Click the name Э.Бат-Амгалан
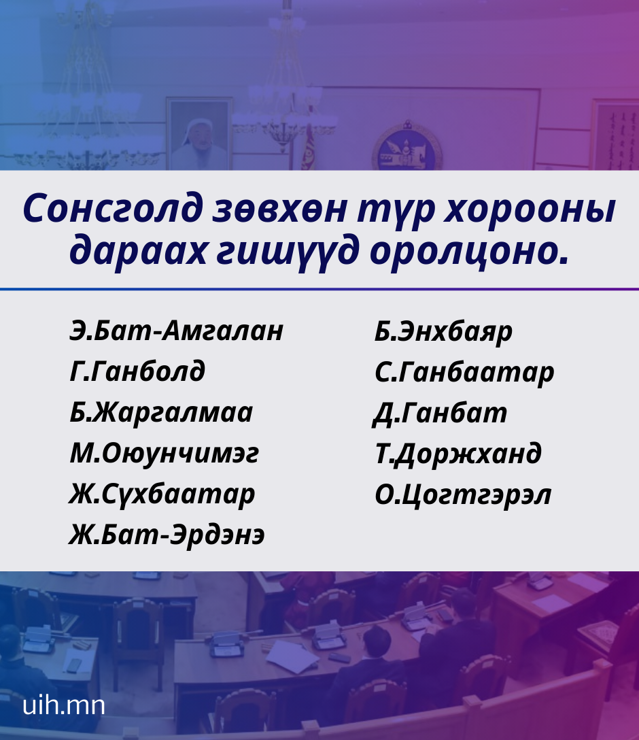click(176, 331)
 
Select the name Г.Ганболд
click(137, 371)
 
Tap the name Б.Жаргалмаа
click(161, 413)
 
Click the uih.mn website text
click(64, 705)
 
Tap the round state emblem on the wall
click(407, 147)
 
